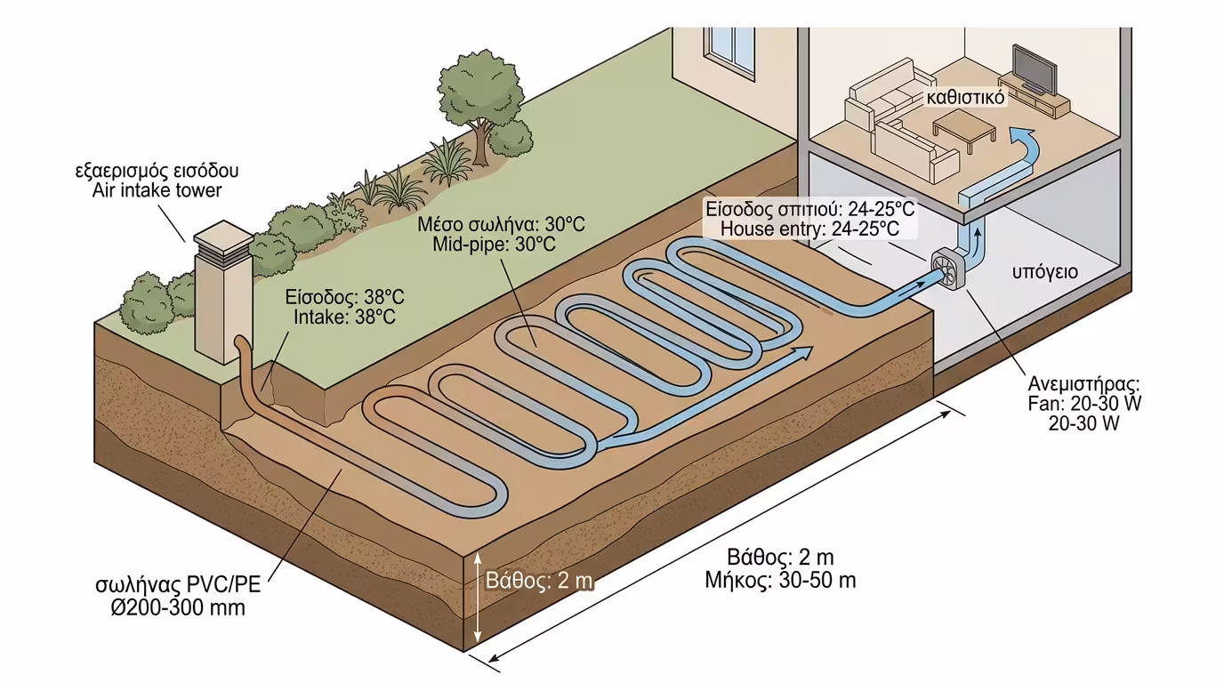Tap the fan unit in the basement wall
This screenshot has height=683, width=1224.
pos(948,270)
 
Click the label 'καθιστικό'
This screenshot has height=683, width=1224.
pos(965,97)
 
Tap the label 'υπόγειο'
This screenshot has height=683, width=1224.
pos(1044,271)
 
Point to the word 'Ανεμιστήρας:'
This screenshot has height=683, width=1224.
pos(1083,384)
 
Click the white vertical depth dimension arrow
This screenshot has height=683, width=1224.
pos(479,597)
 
